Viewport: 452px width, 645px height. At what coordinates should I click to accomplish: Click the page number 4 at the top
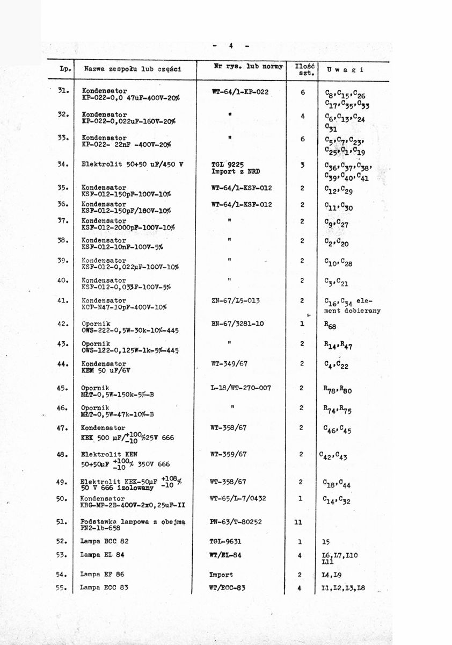tap(230, 46)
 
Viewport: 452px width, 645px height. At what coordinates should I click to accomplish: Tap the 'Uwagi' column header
tap(345, 70)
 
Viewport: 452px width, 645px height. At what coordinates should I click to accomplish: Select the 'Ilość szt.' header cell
tap(303, 68)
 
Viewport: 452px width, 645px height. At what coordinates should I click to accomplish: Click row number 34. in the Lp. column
tap(62, 164)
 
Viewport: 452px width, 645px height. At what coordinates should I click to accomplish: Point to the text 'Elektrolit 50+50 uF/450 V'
tap(132, 164)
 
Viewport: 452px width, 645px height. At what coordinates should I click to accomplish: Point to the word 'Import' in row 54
tap(221, 575)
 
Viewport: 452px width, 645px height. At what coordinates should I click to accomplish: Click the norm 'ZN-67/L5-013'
tap(237, 301)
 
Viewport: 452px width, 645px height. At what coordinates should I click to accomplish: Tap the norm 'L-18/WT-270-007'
tap(241, 388)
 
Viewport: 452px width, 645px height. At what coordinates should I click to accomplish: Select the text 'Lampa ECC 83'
tap(104, 587)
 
